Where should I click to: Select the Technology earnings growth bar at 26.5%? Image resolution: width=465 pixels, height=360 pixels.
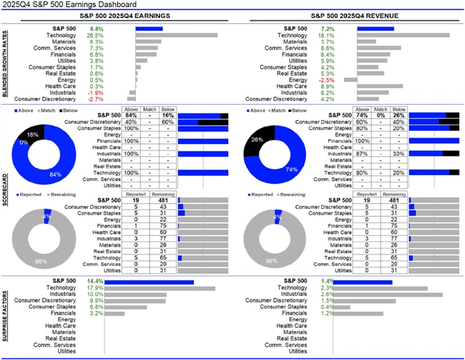[177, 35]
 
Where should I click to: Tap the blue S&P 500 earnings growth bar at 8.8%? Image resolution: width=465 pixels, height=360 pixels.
[149, 28]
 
